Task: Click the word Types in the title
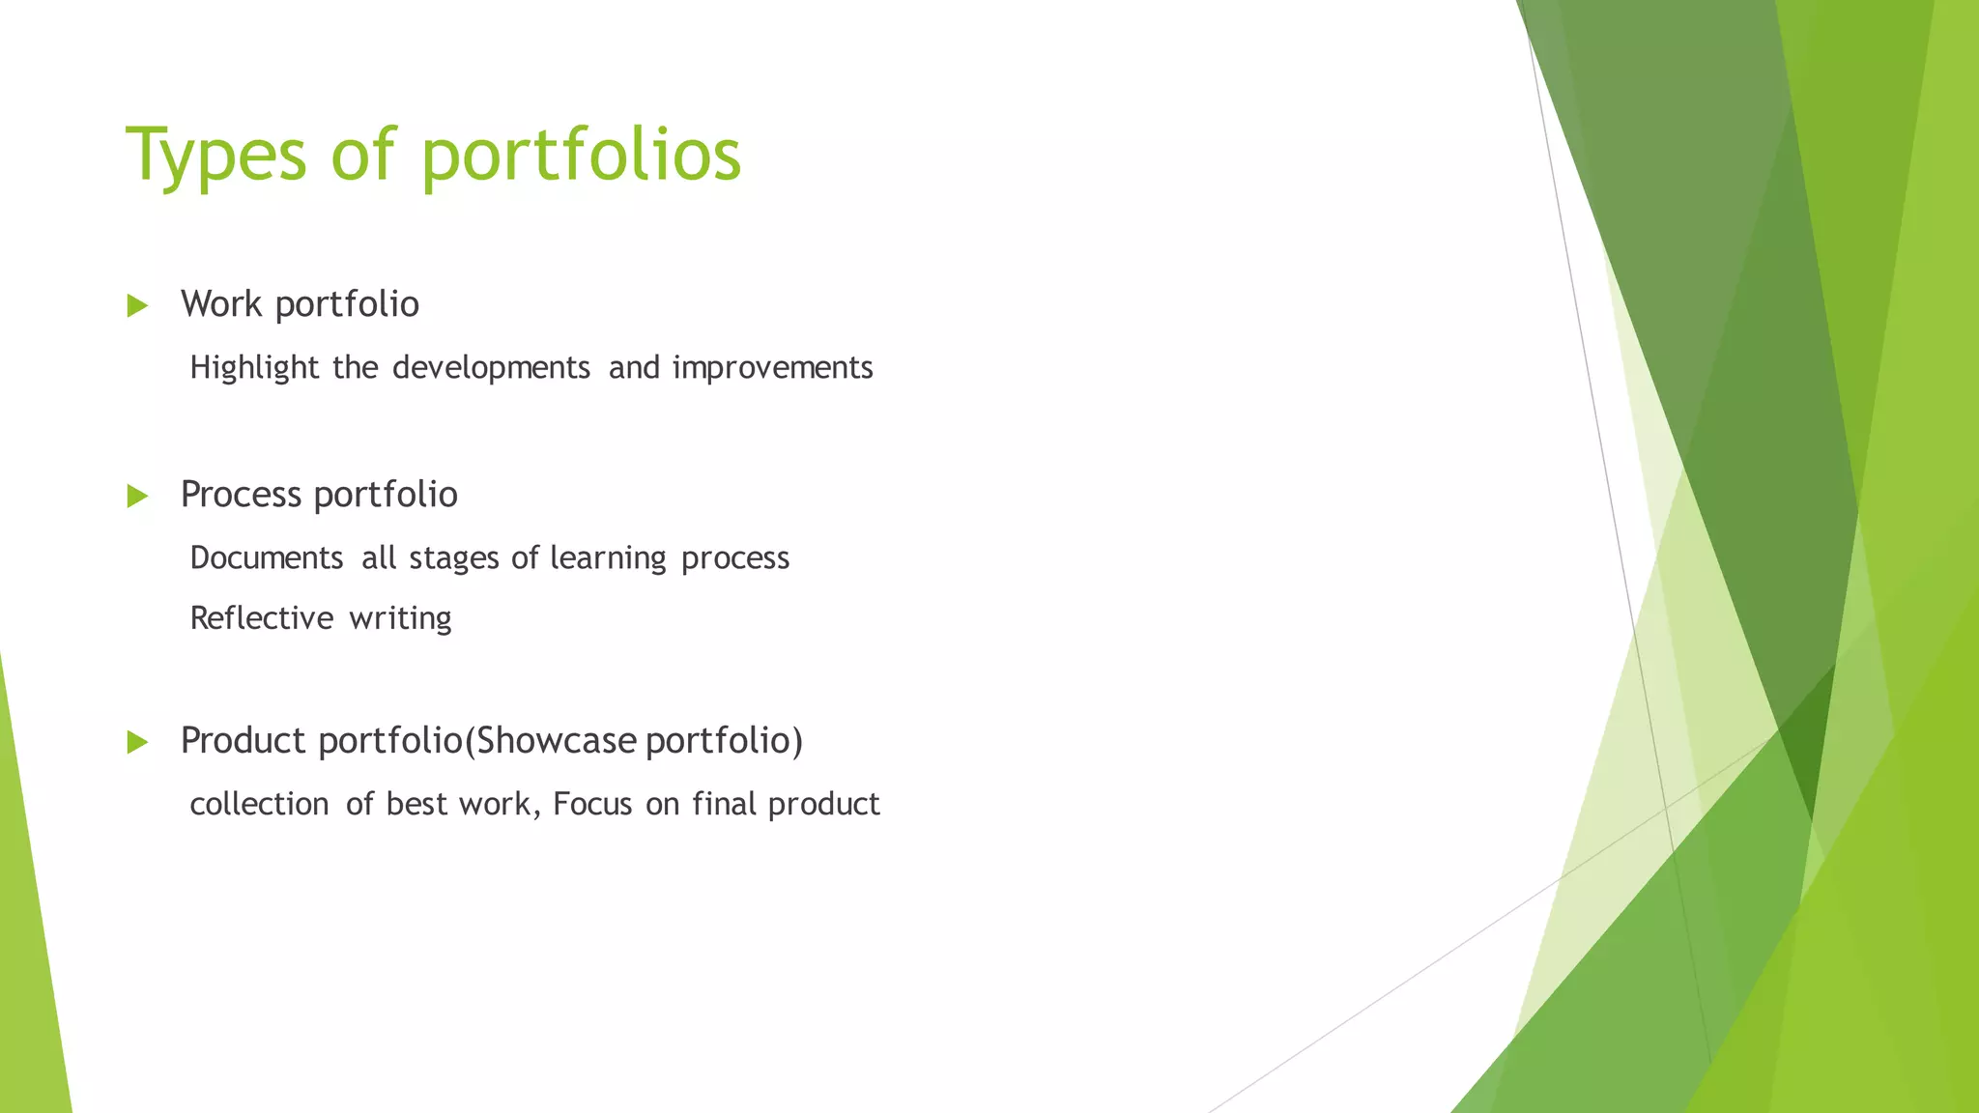pyautogui.click(x=215, y=155)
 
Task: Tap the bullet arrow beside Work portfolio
pyautogui.click(x=137, y=306)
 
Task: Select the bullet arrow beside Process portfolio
pyautogui.click(x=137, y=497)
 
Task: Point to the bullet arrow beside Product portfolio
pyautogui.click(x=137, y=743)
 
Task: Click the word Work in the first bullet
pyautogui.click(x=221, y=304)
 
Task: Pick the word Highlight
pyautogui.click(x=254, y=368)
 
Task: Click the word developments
pyautogui.click(x=491, y=368)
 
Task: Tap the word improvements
pyautogui.click(x=772, y=368)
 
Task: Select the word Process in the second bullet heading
pyautogui.click(x=241, y=495)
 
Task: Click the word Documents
pyautogui.click(x=267, y=558)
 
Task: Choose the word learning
pyautogui.click(x=608, y=558)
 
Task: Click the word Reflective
pyautogui.click(x=262, y=618)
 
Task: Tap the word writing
pyautogui.click(x=400, y=618)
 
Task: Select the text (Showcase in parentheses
pyautogui.click(x=551, y=741)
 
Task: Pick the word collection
pyautogui.click(x=259, y=805)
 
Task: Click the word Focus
pyautogui.click(x=592, y=805)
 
